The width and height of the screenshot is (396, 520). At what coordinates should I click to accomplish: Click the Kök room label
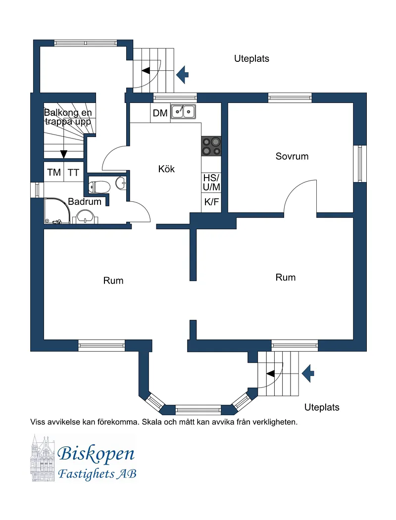[166, 169]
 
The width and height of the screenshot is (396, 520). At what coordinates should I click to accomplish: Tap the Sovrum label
[292, 156]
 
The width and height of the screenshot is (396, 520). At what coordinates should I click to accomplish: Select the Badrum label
[84, 202]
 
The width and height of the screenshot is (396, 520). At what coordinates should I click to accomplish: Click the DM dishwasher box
[160, 113]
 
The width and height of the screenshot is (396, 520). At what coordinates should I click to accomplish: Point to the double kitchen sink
[183, 112]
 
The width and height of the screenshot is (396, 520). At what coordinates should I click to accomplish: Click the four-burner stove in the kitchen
[211, 147]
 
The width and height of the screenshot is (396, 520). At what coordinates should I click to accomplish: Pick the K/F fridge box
[211, 202]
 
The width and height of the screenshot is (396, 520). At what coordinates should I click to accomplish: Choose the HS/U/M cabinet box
[211, 182]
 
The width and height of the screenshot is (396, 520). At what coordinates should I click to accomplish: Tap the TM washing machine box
[54, 173]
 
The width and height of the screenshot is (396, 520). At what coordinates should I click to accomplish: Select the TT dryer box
[74, 173]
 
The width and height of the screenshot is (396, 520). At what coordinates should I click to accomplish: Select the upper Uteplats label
[251, 58]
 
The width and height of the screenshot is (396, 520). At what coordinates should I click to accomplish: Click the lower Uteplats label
[322, 408]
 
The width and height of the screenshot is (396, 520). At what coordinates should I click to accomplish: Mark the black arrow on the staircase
[63, 154]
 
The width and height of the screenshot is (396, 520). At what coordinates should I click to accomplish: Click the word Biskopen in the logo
[96, 453]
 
